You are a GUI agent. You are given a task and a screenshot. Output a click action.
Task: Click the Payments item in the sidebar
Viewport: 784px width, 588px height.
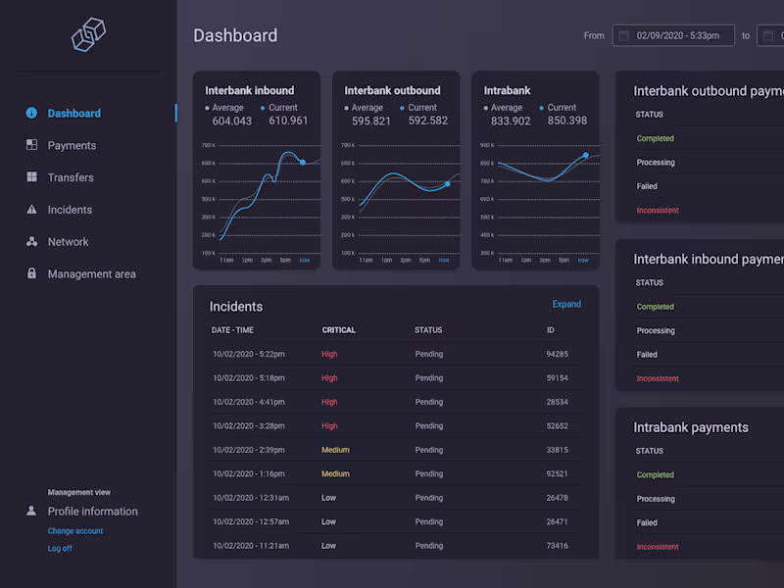72,146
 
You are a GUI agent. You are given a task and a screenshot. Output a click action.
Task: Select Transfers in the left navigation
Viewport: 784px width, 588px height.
71,177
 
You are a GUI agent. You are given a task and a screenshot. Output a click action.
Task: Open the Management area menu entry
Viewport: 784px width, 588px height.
91,274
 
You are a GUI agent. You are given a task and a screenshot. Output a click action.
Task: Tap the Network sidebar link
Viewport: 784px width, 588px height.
68,242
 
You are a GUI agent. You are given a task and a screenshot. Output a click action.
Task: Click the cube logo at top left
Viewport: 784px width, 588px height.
88,35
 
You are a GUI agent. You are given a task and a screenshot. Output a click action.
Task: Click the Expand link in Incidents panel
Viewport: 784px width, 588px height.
566,305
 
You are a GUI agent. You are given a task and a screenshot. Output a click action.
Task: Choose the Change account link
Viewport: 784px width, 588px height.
75,531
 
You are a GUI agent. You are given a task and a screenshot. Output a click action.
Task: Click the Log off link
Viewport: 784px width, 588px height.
60,549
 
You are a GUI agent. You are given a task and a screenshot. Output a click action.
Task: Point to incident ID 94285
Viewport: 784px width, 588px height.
557,354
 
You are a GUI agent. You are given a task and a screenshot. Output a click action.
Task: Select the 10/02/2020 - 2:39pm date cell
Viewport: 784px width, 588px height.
248,450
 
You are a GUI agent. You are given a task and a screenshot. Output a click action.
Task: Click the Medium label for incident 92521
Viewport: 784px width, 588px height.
335,474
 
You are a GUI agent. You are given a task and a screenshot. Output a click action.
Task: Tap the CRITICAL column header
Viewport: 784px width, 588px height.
339,330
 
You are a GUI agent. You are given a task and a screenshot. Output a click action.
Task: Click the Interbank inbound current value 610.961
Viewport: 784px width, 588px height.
288,122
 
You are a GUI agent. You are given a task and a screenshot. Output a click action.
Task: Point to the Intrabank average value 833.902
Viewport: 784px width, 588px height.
511,122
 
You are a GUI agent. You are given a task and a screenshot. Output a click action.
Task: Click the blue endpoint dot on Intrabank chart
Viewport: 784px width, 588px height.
586,155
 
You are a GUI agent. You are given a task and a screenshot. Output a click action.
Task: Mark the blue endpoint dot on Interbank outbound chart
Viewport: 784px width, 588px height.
447,183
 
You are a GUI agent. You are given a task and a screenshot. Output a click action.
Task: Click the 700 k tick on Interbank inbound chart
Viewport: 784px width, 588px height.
209,145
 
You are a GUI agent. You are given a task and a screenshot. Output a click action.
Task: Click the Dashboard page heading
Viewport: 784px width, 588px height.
235,36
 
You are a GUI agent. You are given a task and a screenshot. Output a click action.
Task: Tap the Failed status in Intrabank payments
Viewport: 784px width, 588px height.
647,523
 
